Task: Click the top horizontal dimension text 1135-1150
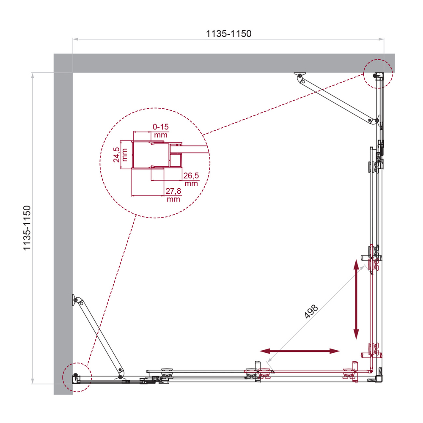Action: coord(228,34)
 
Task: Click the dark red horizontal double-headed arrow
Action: coord(300,351)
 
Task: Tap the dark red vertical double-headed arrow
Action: coord(357,299)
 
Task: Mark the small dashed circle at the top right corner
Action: coord(378,74)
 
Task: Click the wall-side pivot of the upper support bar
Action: coord(300,77)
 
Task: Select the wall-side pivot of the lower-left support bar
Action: coord(76,300)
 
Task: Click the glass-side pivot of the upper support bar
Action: coord(371,121)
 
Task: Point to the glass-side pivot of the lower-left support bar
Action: coord(121,376)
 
